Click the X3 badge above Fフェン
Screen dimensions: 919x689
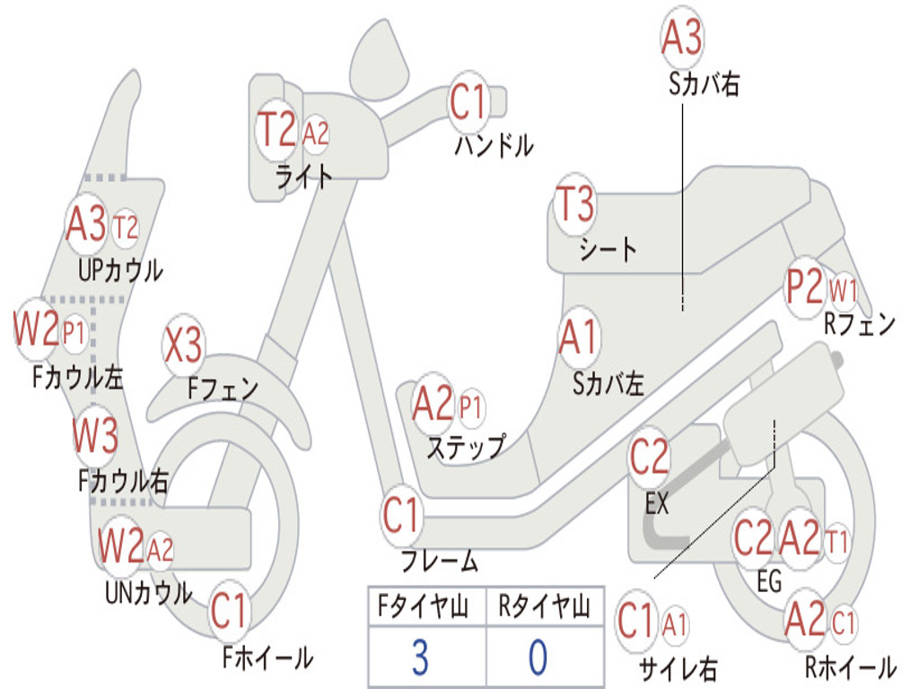point(183,345)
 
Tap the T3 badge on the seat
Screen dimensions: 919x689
point(575,205)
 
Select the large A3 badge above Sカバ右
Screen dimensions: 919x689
point(681,39)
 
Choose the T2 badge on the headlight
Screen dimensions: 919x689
point(276,132)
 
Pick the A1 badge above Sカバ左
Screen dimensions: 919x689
point(578,338)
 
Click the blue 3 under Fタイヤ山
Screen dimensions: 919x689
point(419,658)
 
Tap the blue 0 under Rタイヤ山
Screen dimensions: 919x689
point(538,658)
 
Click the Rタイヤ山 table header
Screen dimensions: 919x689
point(544,608)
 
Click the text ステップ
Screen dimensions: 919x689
point(465,446)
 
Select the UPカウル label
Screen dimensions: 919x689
point(120,270)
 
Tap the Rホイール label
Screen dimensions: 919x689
point(849,667)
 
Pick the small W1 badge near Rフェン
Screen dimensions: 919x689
point(843,290)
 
